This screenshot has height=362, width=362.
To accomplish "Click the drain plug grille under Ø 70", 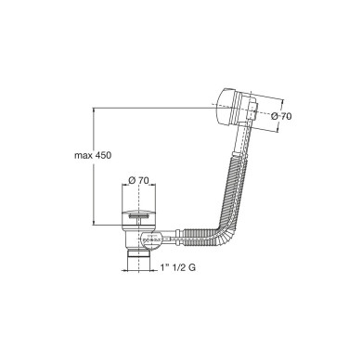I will (136, 213).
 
